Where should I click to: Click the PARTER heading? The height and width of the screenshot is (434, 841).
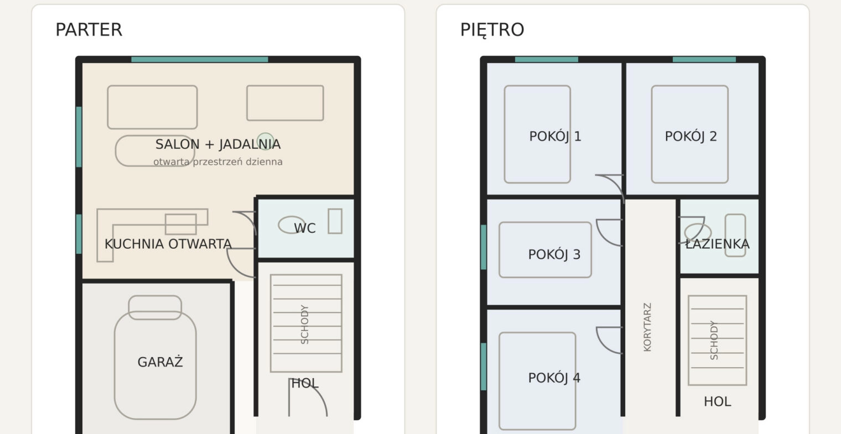tap(89, 30)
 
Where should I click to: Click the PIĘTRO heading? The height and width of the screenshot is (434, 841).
tap(492, 30)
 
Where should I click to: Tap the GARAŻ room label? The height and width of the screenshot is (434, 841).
tap(160, 362)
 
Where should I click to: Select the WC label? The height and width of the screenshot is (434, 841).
tap(304, 228)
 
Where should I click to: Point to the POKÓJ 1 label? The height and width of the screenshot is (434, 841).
tap(555, 136)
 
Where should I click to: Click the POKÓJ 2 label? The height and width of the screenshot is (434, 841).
tap(691, 136)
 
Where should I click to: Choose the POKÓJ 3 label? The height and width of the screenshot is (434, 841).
tap(554, 254)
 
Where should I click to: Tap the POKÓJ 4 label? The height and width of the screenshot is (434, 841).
tap(554, 378)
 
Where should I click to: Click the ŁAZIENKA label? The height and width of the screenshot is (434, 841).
tap(717, 244)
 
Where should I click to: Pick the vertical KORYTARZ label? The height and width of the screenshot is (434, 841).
tap(647, 327)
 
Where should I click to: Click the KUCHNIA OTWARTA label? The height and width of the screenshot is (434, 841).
tap(168, 244)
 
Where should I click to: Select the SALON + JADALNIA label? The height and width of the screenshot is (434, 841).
tap(218, 144)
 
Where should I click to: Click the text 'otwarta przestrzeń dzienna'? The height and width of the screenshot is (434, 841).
tap(218, 161)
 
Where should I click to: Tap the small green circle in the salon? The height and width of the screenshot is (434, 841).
tap(266, 141)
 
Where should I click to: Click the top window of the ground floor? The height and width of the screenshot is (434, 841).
tap(199, 59)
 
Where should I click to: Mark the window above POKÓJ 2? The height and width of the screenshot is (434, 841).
tap(704, 59)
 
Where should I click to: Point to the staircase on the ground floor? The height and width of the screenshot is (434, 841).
tap(306, 323)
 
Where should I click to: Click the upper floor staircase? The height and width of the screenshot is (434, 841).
tap(717, 340)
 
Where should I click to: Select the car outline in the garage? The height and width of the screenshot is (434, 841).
tap(155, 357)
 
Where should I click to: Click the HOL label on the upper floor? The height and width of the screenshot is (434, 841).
tap(717, 402)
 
